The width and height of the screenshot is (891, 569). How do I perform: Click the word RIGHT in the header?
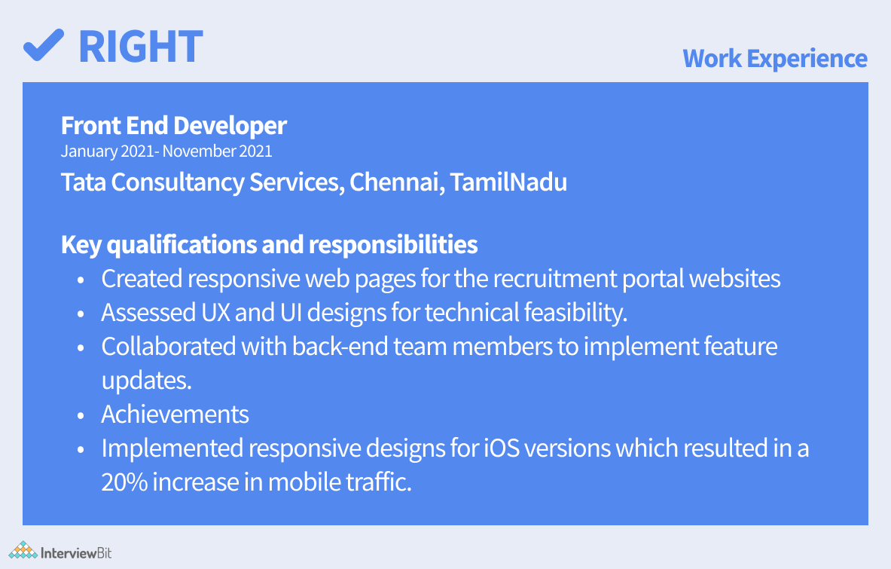pos(141,46)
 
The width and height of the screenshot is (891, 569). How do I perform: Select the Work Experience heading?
pos(774,58)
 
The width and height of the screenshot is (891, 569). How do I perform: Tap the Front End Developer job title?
pos(174,125)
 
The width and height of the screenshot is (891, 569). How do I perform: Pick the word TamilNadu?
pos(508,182)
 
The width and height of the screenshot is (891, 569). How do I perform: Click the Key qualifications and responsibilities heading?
pos(269,245)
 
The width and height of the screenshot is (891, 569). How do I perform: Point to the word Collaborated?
pos(168,347)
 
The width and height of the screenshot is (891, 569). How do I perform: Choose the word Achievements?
pos(175,415)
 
